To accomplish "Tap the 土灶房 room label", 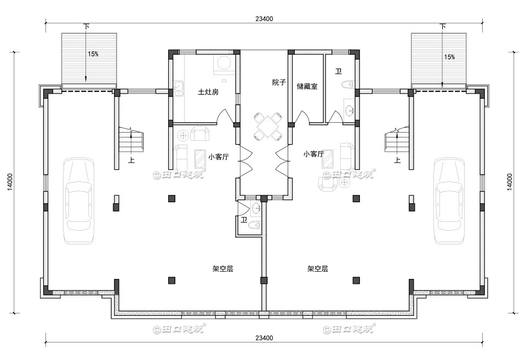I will (x=208, y=92).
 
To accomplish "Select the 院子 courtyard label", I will (x=279, y=83).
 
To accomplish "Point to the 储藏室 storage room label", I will (x=307, y=87).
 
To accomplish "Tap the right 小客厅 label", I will (x=313, y=155).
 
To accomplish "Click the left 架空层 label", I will (x=223, y=269).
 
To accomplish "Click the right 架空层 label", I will (x=317, y=269).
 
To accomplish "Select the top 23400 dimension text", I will (x=264, y=19).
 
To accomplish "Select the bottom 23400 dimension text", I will (x=264, y=338).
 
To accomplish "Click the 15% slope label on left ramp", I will (x=93, y=54).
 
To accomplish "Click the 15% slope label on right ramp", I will (x=449, y=57).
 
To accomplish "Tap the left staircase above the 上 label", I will (x=131, y=141).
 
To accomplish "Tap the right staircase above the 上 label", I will (x=396, y=141).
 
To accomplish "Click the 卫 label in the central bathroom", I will (x=244, y=220).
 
